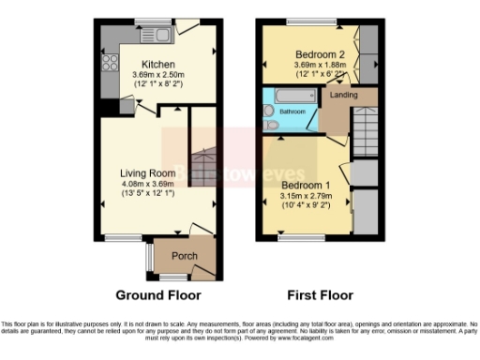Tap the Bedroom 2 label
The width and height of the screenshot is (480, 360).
point(320,52)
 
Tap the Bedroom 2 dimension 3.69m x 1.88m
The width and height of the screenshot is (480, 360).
point(320,64)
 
